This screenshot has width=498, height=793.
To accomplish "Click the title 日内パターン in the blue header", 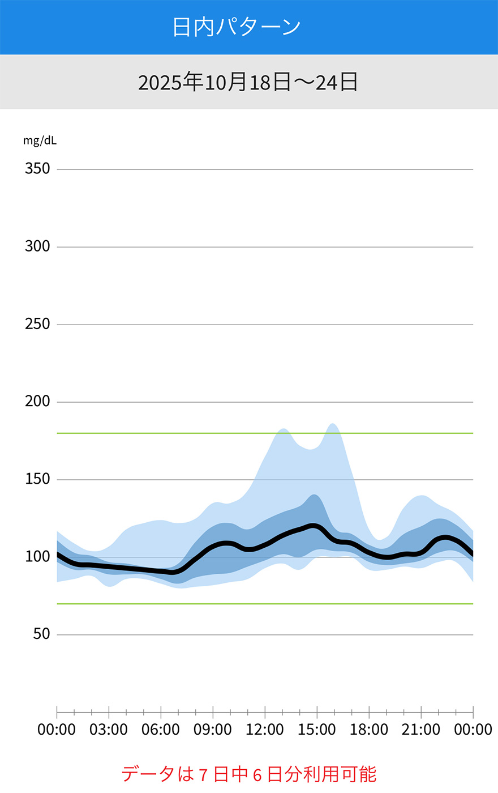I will [237, 27].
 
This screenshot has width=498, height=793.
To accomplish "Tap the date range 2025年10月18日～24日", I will [248, 82].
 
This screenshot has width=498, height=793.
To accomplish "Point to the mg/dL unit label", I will [40, 140].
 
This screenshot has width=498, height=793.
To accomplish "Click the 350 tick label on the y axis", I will [37, 169].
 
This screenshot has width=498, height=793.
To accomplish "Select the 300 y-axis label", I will [37, 246].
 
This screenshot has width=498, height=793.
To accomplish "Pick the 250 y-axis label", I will [37, 324].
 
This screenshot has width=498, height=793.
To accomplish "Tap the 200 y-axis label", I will [37, 402].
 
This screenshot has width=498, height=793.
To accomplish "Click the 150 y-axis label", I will [37, 479].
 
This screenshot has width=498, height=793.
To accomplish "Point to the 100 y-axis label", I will [37, 557].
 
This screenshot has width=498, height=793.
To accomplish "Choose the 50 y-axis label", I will [41, 634].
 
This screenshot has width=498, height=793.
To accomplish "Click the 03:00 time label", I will [109, 730].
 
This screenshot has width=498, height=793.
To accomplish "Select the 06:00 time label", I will [161, 730].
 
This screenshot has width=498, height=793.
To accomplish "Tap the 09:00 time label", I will [213, 730].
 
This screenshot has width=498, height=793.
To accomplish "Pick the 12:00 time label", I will [265, 730].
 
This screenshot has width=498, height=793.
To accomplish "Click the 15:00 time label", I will [317, 730].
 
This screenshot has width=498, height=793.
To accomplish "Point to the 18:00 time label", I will [369, 730].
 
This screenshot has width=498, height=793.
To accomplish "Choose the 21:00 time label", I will [421, 730].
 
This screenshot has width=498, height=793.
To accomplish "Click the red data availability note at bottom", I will [249, 774].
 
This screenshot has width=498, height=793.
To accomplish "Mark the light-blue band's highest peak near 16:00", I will [333, 424].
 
